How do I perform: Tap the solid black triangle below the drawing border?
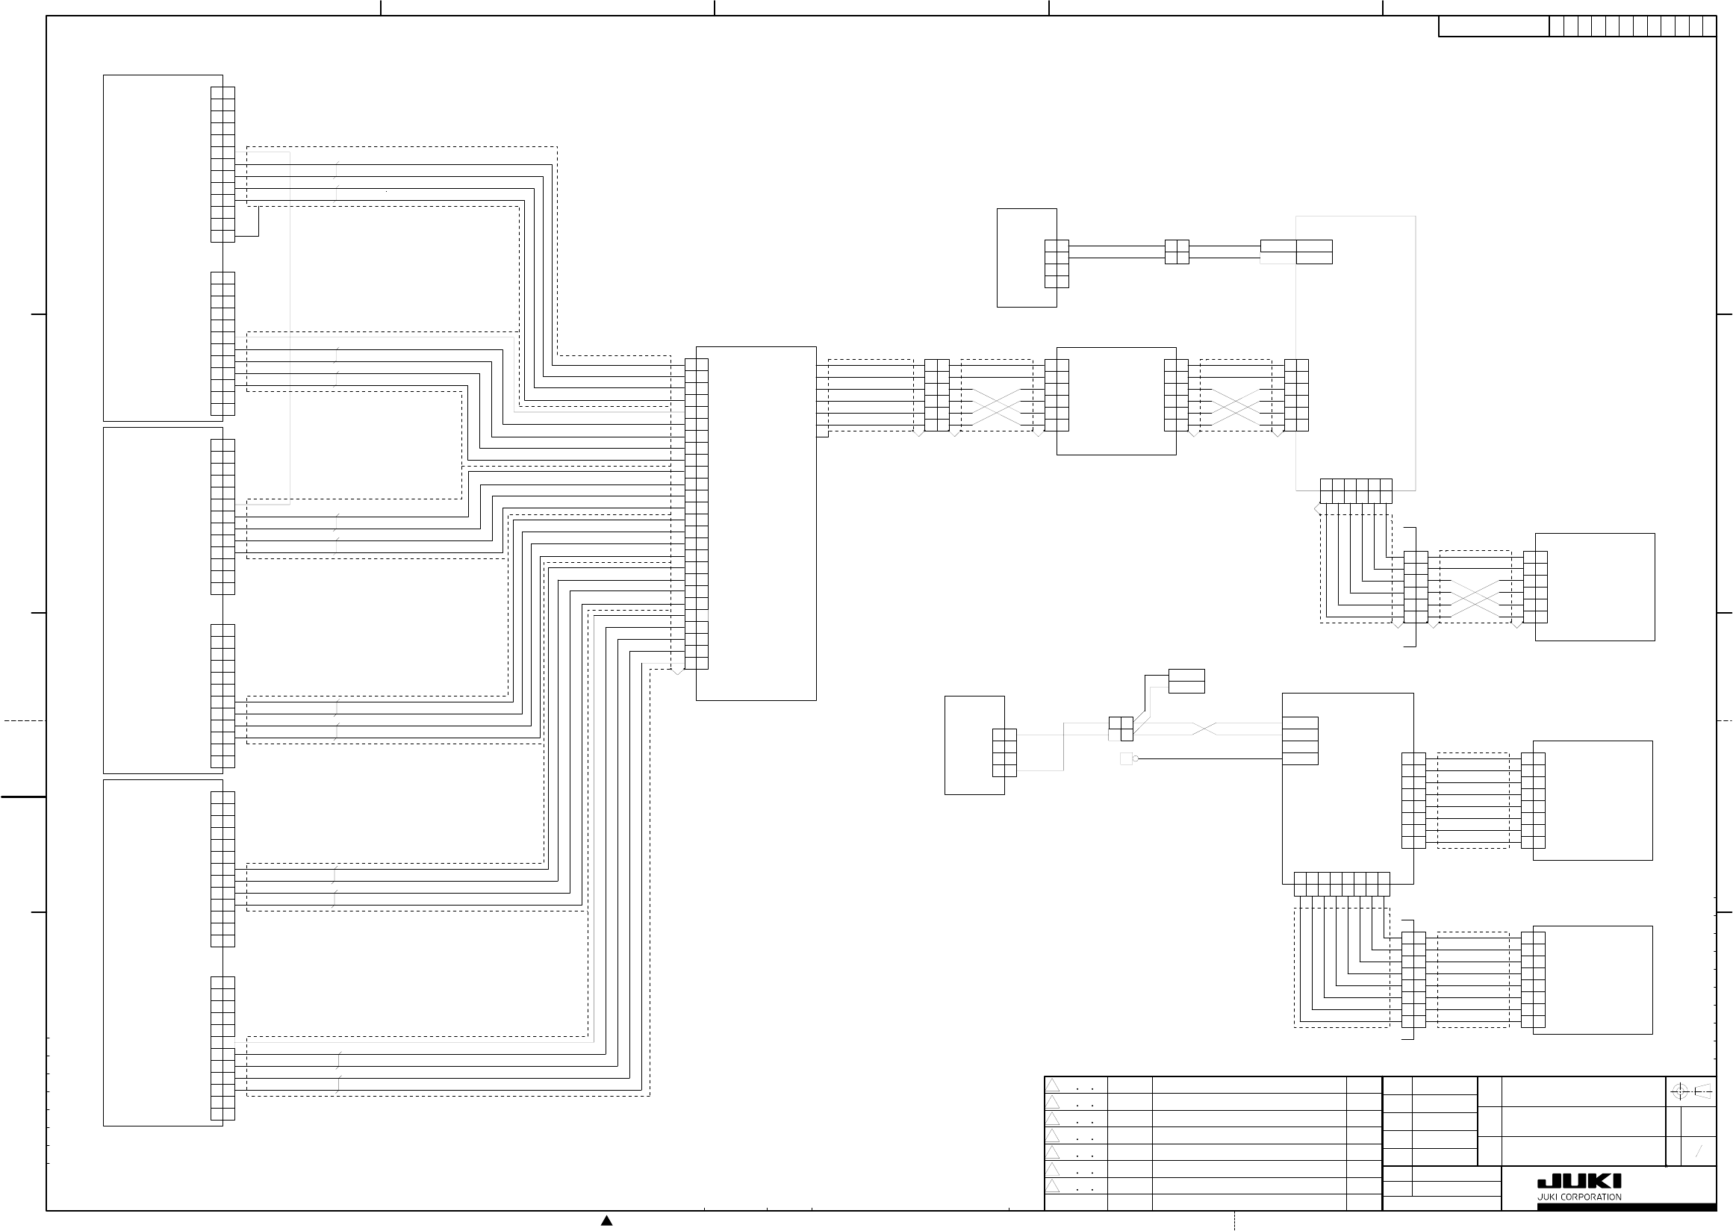pyautogui.click(x=606, y=1221)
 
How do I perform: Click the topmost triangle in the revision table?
pyautogui.click(x=1053, y=1085)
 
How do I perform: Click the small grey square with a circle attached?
pyautogui.click(x=1127, y=758)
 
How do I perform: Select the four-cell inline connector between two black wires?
pyautogui.click(x=1177, y=252)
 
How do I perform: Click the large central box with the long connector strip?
pyautogui.click(x=756, y=523)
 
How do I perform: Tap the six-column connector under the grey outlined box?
pyautogui.click(x=1355, y=490)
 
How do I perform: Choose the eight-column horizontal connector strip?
pyautogui.click(x=1342, y=884)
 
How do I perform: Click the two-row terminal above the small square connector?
pyautogui.click(x=1186, y=681)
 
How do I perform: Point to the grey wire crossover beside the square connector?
pyautogui.click(x=1204, y=729)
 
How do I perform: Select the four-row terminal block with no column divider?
pyautogui.click(x=1300, y=741)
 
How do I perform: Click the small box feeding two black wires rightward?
pyautogui.click(x=1027, y=258)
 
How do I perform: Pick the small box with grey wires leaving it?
pyautogui.click(x=974, y=745)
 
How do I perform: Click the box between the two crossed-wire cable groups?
pyautogui.click(x=1116, y=401)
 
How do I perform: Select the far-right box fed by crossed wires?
pyautogui.click(x=1594, y=587)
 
